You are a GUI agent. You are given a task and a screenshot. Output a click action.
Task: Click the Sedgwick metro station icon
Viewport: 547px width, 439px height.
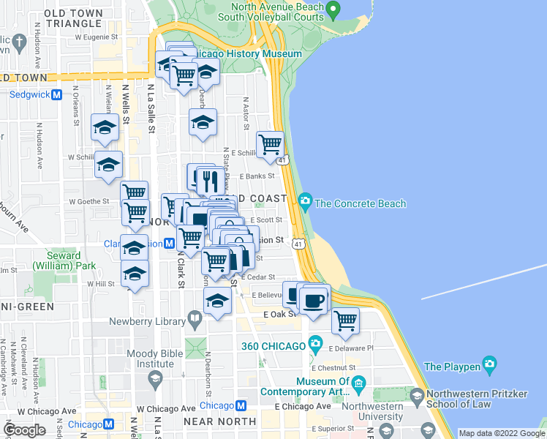pyautogui.click(x=56, y=94)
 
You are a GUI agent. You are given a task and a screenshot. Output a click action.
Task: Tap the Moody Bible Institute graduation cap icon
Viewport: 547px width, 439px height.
pyautogui.click(x=154, y=378)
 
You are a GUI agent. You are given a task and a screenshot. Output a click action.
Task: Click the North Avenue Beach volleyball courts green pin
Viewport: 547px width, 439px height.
pyautogui.click(x=333, y=11)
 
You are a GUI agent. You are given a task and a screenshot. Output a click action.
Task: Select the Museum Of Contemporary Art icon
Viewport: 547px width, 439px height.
pyautogui.click(x=358, y=383)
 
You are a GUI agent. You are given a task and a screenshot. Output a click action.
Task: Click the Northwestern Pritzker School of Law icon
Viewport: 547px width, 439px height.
pyautogui.click(x=417, y=397)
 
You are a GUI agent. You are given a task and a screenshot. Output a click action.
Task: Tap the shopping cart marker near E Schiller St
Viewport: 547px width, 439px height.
pyautogui.click(x=271, y=144)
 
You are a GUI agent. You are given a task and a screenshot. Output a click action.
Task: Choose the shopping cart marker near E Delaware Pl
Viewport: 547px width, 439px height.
pyautogui.click(x=345, y=320)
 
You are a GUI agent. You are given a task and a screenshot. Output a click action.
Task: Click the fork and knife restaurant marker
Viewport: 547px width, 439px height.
pyautogui.click(x=210, y=180)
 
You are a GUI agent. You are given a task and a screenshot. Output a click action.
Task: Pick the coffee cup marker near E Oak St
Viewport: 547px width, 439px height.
pyautogui.click(x=314, y=300)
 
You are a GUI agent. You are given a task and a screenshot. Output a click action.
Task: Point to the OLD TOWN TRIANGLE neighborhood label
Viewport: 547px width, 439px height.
pyautogui.click(x=73, y=18)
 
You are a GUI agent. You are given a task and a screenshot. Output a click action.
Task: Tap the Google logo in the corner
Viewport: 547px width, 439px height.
pyautogui.click(x=24, y=429)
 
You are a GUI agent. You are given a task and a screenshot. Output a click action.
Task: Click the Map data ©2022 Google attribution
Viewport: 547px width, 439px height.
pyautogui.click(x=502, y=433)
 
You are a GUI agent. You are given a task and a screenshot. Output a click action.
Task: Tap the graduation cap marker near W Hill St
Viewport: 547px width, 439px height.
pyautogui.click(x=134, y=274)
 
